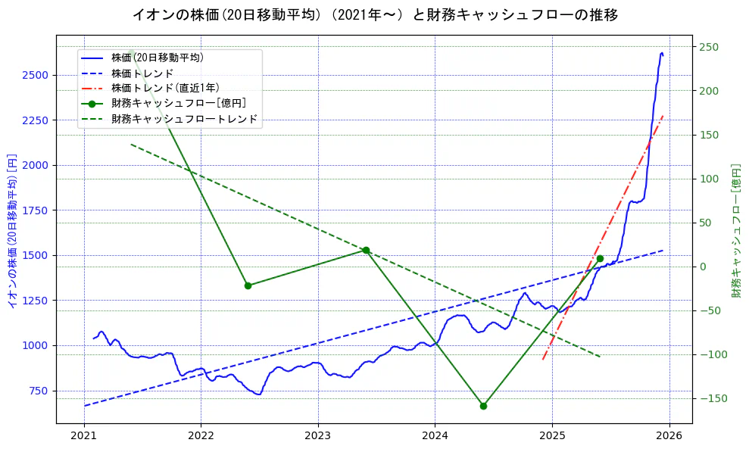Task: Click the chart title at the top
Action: (x=375, y=14)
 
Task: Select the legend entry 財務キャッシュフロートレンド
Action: (x=184, y=119)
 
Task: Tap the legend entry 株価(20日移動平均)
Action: (x=157, y=58)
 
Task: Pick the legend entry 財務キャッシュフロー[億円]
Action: (x=178, y=103)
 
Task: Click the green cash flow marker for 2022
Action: (x=248, y=285)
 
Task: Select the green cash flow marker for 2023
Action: (x=366, y=250)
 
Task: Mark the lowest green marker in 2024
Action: (x=483, y=406)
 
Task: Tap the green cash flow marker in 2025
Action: (x=600, y=258)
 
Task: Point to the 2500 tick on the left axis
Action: (x=37, y=75)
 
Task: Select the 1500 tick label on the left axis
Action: (x=37, y=255)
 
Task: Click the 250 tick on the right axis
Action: (x=709, y=47)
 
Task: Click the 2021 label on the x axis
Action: (x=84, y=437)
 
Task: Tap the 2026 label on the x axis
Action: (x=669, y=437)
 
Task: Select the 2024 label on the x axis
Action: (x=435, y=437)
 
